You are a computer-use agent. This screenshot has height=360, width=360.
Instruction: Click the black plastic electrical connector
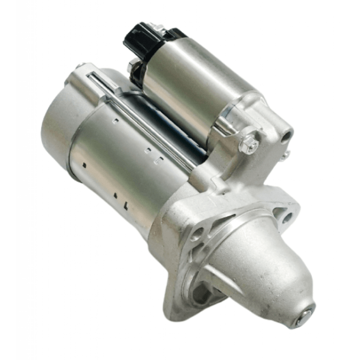[x=141, y=39]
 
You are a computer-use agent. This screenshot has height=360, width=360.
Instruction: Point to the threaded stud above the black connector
[x=157, y=29]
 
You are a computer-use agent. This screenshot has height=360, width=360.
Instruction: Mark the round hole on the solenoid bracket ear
[x=286, y=134]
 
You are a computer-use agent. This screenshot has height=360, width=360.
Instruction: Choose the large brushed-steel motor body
[x=120, y=158]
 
